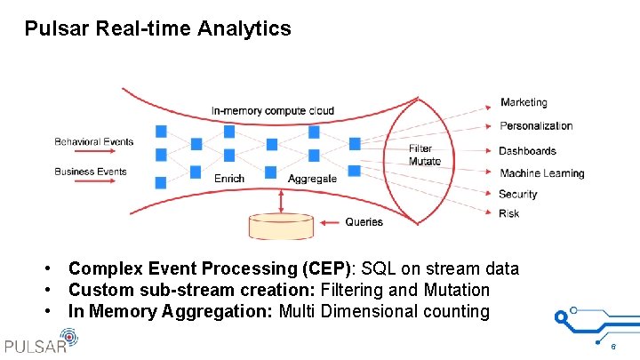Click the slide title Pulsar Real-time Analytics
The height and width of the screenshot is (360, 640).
click(157, 28)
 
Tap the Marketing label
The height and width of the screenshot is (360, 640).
click(524, 103)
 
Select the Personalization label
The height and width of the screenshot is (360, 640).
click(536, 126)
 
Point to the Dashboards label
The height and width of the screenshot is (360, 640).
click(527, 151)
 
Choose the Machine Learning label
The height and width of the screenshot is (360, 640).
click(541, 173)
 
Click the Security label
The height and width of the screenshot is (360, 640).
click(518, 194)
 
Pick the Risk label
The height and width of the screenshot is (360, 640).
click(509, 213)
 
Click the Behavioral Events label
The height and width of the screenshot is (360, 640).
click(93, 141)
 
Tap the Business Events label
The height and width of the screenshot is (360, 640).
click(91, 172)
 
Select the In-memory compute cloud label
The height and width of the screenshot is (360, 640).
click(273, 111)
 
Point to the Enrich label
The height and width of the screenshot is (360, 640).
click(229, 179)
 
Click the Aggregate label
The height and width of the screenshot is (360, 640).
click(312, 179)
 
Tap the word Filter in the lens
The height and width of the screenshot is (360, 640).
click(420, 149)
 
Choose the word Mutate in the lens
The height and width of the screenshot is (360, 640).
click(424, 162)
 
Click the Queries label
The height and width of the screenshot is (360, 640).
click(364, 221)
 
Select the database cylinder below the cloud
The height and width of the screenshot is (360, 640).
click(281, 227)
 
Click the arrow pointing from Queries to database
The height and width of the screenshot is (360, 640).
click(329, 222)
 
